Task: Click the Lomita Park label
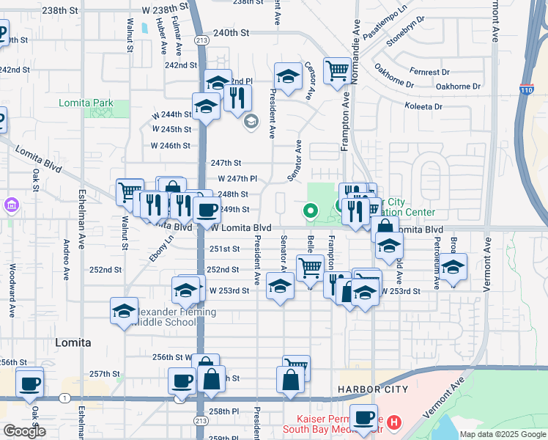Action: pyautogui.click(x=86, y=103)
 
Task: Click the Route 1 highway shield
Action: pyautogui.click(x=66, y=397)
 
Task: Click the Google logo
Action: pyautogui.click(x=23, y=432)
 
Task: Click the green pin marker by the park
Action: pyautogui.click(x=310, y=212)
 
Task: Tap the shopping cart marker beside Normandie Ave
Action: pyautogui.click(x=338, y=72)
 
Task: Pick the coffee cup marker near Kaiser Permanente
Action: pyautogui.click(x=363, y=418)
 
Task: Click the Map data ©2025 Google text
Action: pyautogui.click(x=503, y=434)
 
